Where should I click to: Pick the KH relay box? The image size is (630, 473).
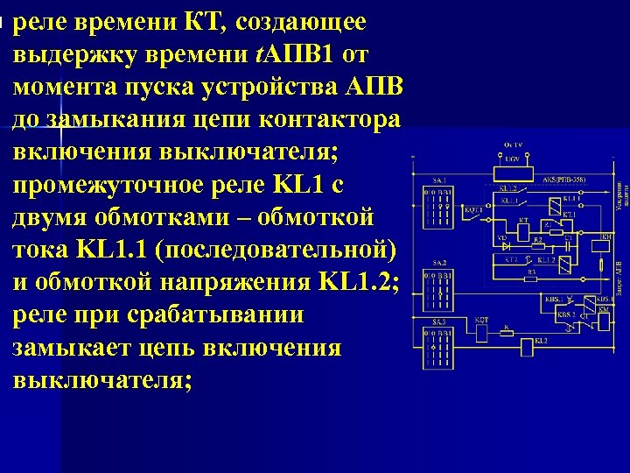pyautogui.click(x=605, y=246)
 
